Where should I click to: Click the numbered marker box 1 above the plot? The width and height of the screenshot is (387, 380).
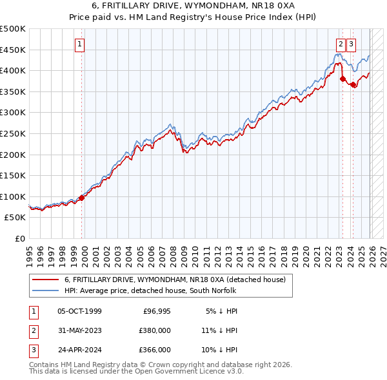79,44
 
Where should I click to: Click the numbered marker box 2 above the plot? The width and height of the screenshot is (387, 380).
340,44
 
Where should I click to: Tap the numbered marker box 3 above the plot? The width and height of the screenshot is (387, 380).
351,44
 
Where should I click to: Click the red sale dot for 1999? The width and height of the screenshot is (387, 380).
81,198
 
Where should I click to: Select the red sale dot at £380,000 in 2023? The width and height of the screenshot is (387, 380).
343,79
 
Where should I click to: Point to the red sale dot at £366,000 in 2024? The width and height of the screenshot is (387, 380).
353,84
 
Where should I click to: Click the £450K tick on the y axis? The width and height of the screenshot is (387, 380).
13,50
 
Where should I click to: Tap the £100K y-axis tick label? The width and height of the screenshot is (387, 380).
13,196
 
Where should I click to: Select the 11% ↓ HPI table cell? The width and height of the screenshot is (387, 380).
219,330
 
